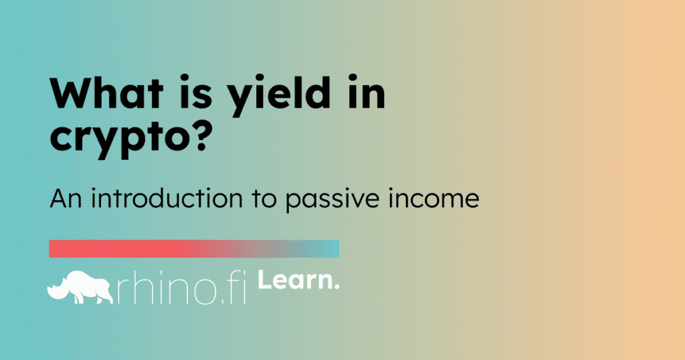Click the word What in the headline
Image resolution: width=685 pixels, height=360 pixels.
tap(106, 93)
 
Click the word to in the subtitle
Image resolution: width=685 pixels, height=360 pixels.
tap(264, 198)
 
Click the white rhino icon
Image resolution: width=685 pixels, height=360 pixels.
tap(80, 288)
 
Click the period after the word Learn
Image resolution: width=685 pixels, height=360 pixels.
tap(336, 286)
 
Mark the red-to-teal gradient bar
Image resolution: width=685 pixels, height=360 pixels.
tap(194, 249)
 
